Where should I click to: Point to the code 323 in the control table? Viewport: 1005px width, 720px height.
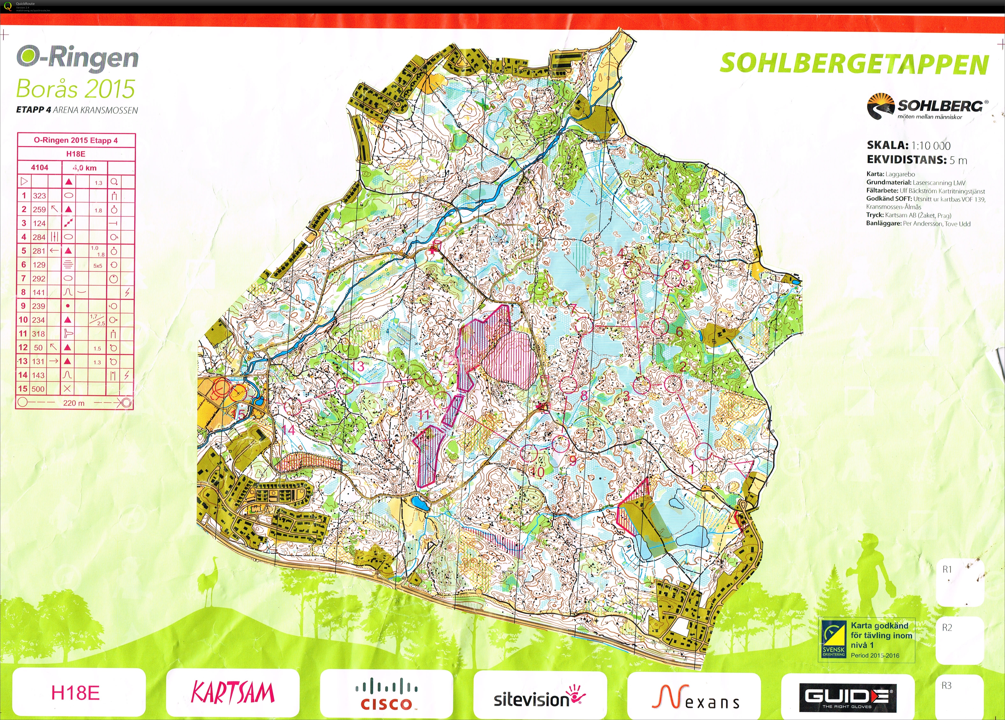tap(39, 195)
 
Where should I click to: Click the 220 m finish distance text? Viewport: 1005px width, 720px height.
tap(74, 403)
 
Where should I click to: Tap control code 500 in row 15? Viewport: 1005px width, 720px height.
tap(38, 389)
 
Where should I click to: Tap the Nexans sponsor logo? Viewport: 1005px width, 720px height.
tap(695, 697)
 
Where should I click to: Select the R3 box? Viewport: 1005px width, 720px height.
tap(960, 697)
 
